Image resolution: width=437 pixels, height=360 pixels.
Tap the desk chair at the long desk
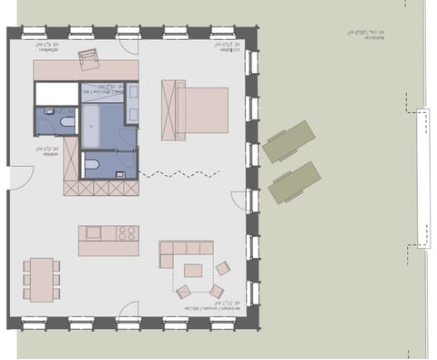[x=89, y=59]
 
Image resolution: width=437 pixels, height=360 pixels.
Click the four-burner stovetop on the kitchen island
[x=126, y=233]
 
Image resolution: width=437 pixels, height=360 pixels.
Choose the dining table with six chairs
[x=42, y=279]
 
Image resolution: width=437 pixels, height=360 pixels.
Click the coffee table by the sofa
[x=193, y=270]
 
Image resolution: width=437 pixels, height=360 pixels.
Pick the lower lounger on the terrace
[x=295, y=182]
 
